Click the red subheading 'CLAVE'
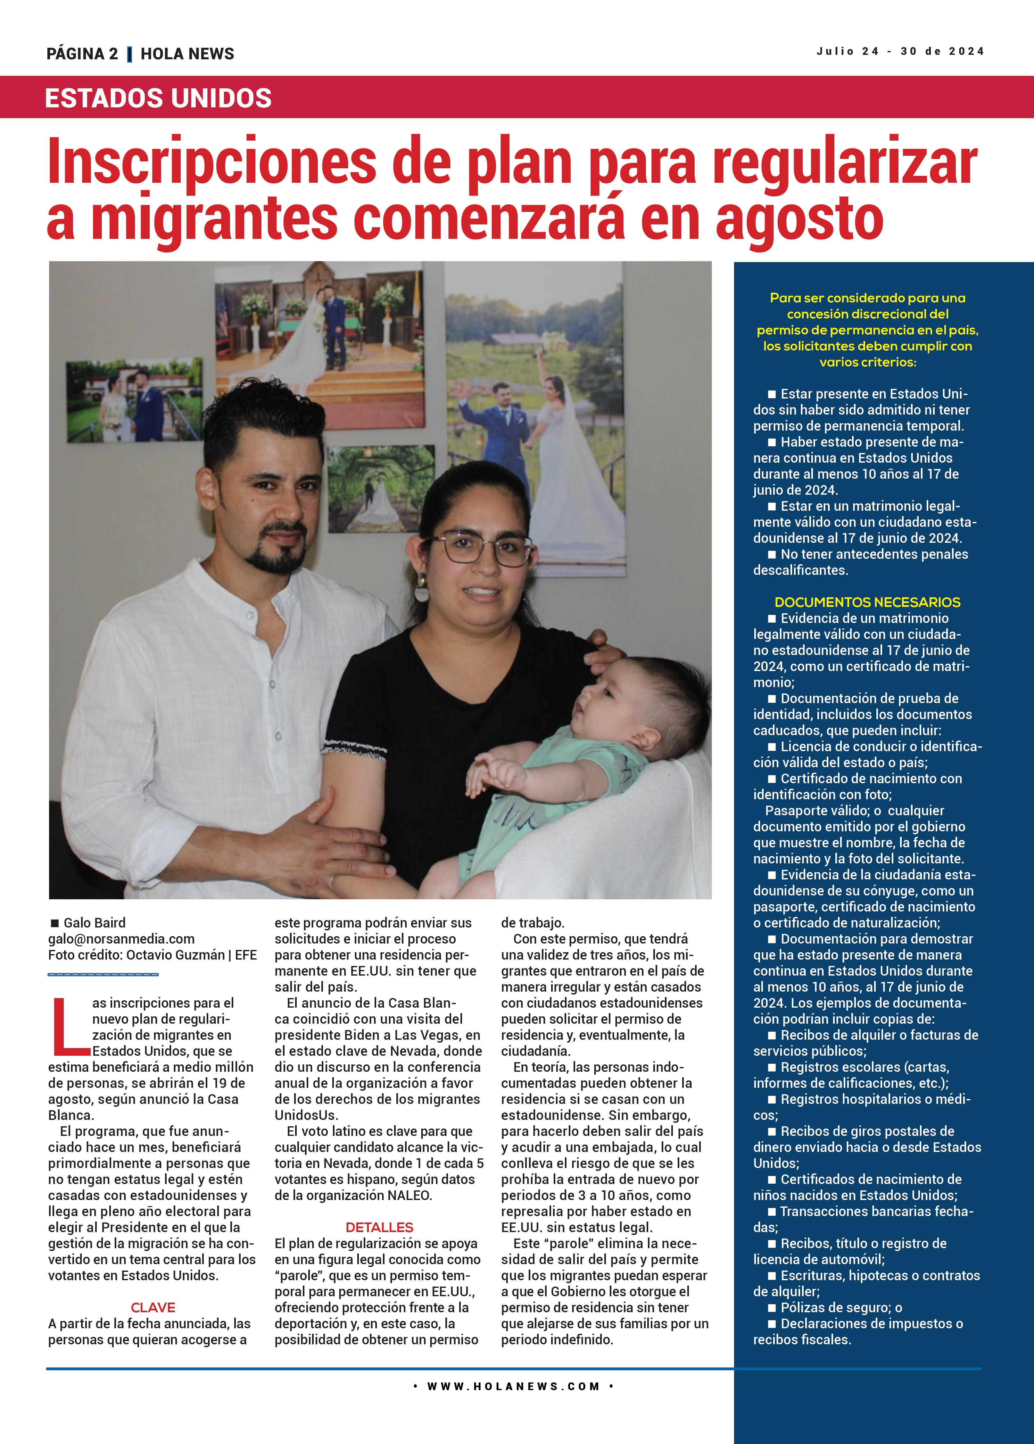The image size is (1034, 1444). (x=153, y=1308)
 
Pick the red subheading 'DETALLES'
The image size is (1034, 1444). (x=379, y=1228)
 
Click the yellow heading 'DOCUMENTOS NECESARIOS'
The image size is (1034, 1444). (x=867, y=602)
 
